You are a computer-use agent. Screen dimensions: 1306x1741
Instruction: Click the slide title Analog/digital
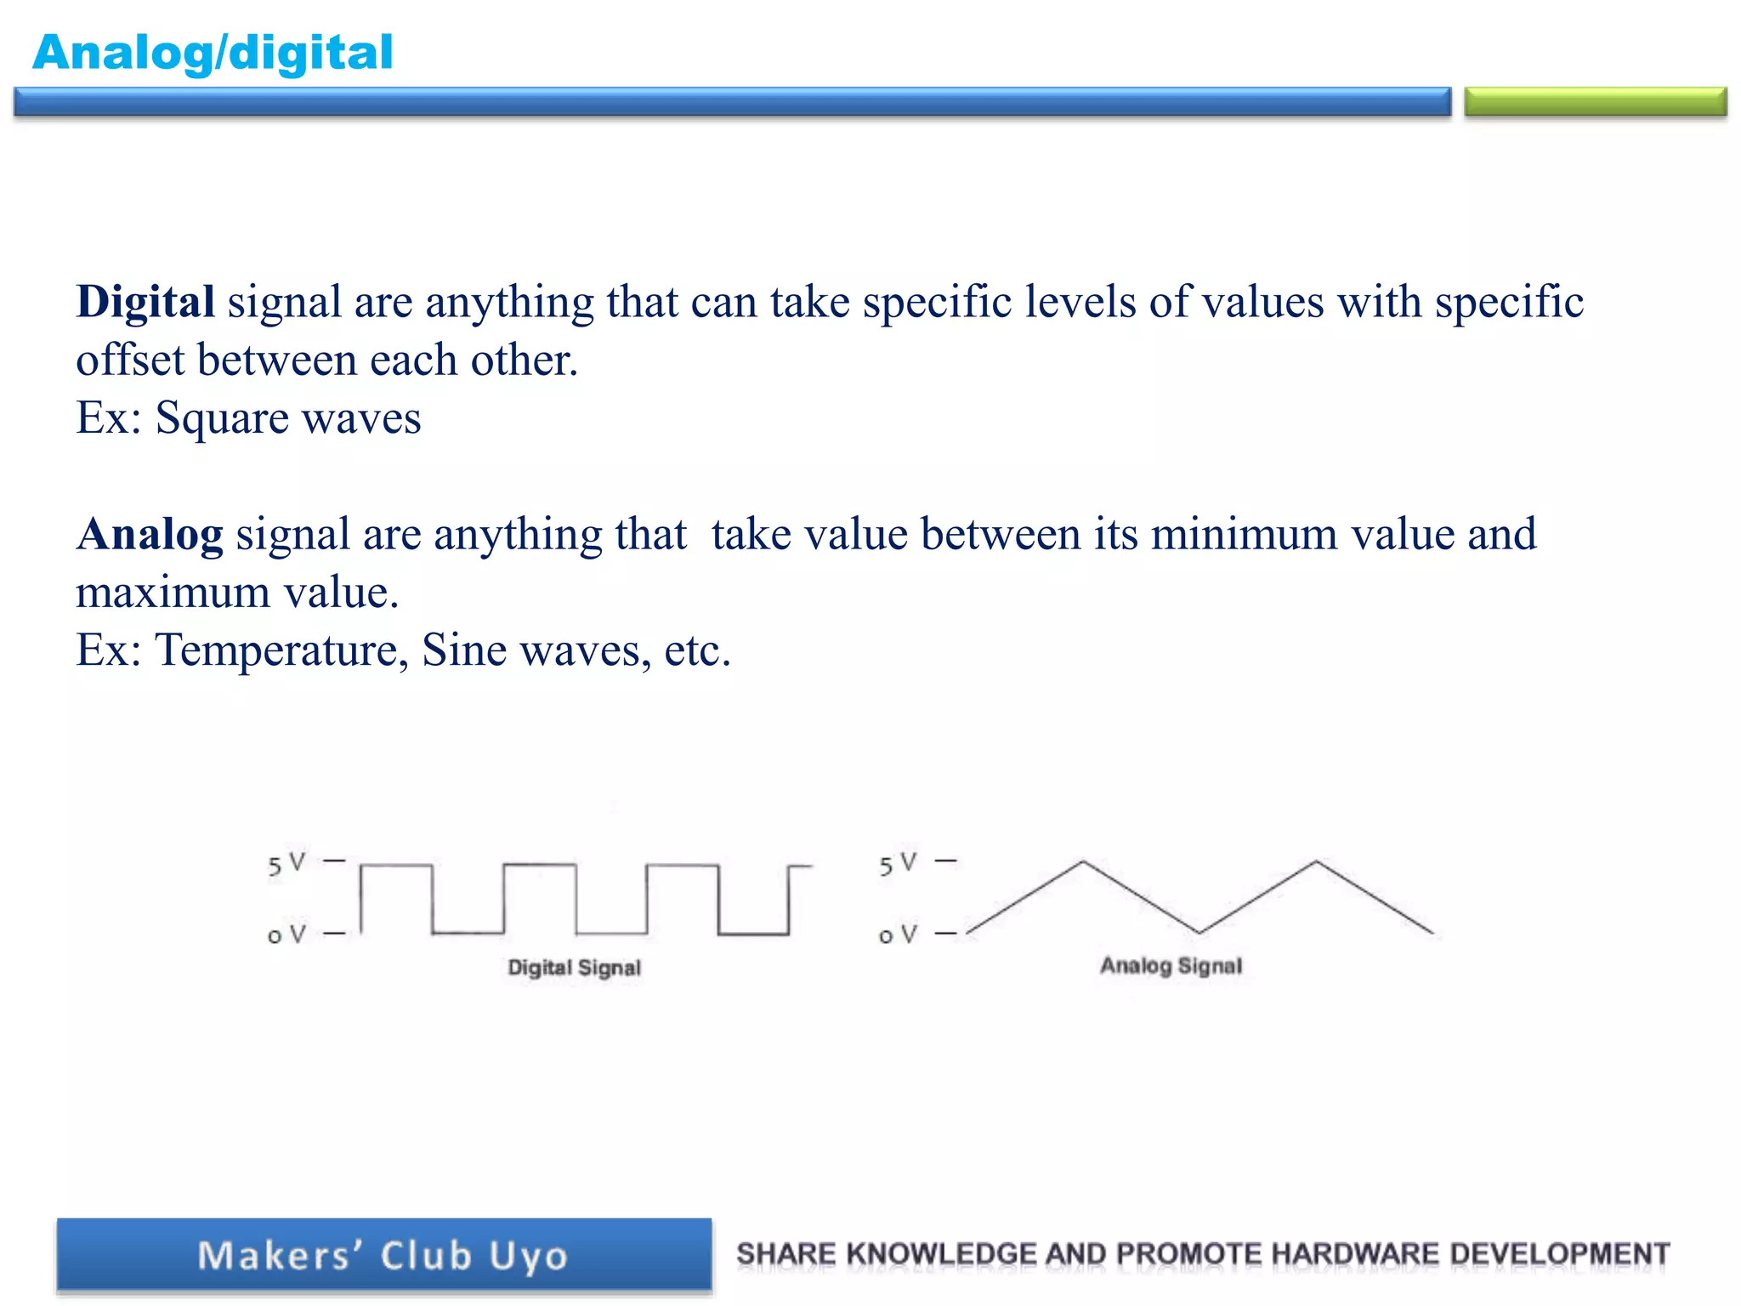click(213, 53)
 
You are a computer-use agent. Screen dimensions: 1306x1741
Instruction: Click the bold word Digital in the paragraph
click(145, 302)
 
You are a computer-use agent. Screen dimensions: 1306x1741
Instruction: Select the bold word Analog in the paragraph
click(150, 535)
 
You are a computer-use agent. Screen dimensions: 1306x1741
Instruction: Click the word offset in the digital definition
click(130, 361)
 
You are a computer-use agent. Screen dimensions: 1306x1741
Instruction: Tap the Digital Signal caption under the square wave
click(574, 968)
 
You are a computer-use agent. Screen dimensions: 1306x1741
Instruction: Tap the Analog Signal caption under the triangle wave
click(1171, 966)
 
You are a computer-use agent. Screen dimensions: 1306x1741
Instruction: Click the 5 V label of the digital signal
click(286, 864)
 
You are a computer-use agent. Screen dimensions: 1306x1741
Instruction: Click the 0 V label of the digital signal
click(286, 935)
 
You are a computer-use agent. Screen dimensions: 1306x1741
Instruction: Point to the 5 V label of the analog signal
click(898, 864)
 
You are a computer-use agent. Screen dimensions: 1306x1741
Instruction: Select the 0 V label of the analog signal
click(898, 935)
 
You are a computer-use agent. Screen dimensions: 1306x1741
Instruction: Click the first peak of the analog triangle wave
click(1082, 862)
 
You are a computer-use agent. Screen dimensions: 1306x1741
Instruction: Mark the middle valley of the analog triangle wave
click(1199, 932)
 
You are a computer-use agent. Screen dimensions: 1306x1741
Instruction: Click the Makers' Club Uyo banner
click(384, 1255)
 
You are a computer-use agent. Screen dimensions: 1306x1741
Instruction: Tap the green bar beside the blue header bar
click(1595, 102)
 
